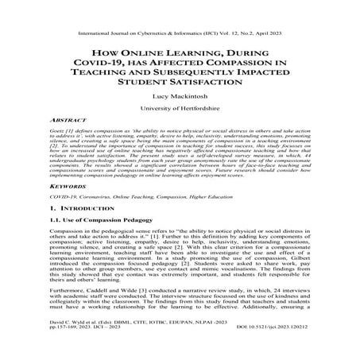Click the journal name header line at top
point(180,14)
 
